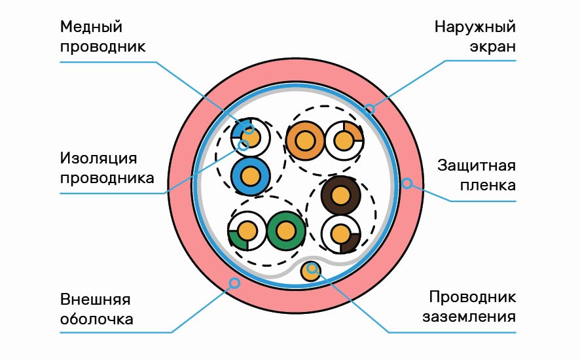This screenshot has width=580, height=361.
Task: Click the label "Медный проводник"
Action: click(102, 37)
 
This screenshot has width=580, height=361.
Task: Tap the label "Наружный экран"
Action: click(475, 37)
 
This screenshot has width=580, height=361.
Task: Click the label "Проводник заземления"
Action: click(473, 307)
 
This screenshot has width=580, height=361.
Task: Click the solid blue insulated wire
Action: click(250, 176)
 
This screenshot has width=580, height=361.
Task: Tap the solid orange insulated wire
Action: click(304, 141)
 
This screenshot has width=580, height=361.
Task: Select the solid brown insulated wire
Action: click(340, 195)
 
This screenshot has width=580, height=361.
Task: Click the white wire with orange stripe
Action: click(343, 141)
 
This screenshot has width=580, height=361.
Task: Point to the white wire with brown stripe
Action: click(340, 233)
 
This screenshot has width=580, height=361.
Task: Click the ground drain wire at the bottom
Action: click(312, 271)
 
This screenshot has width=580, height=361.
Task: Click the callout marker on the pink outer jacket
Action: click(234, 283)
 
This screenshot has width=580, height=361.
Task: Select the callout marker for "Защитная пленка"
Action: click(407, 184)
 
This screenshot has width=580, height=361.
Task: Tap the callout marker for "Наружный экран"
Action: click(369, 109)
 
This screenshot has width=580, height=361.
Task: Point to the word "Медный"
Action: click(92, 27)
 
